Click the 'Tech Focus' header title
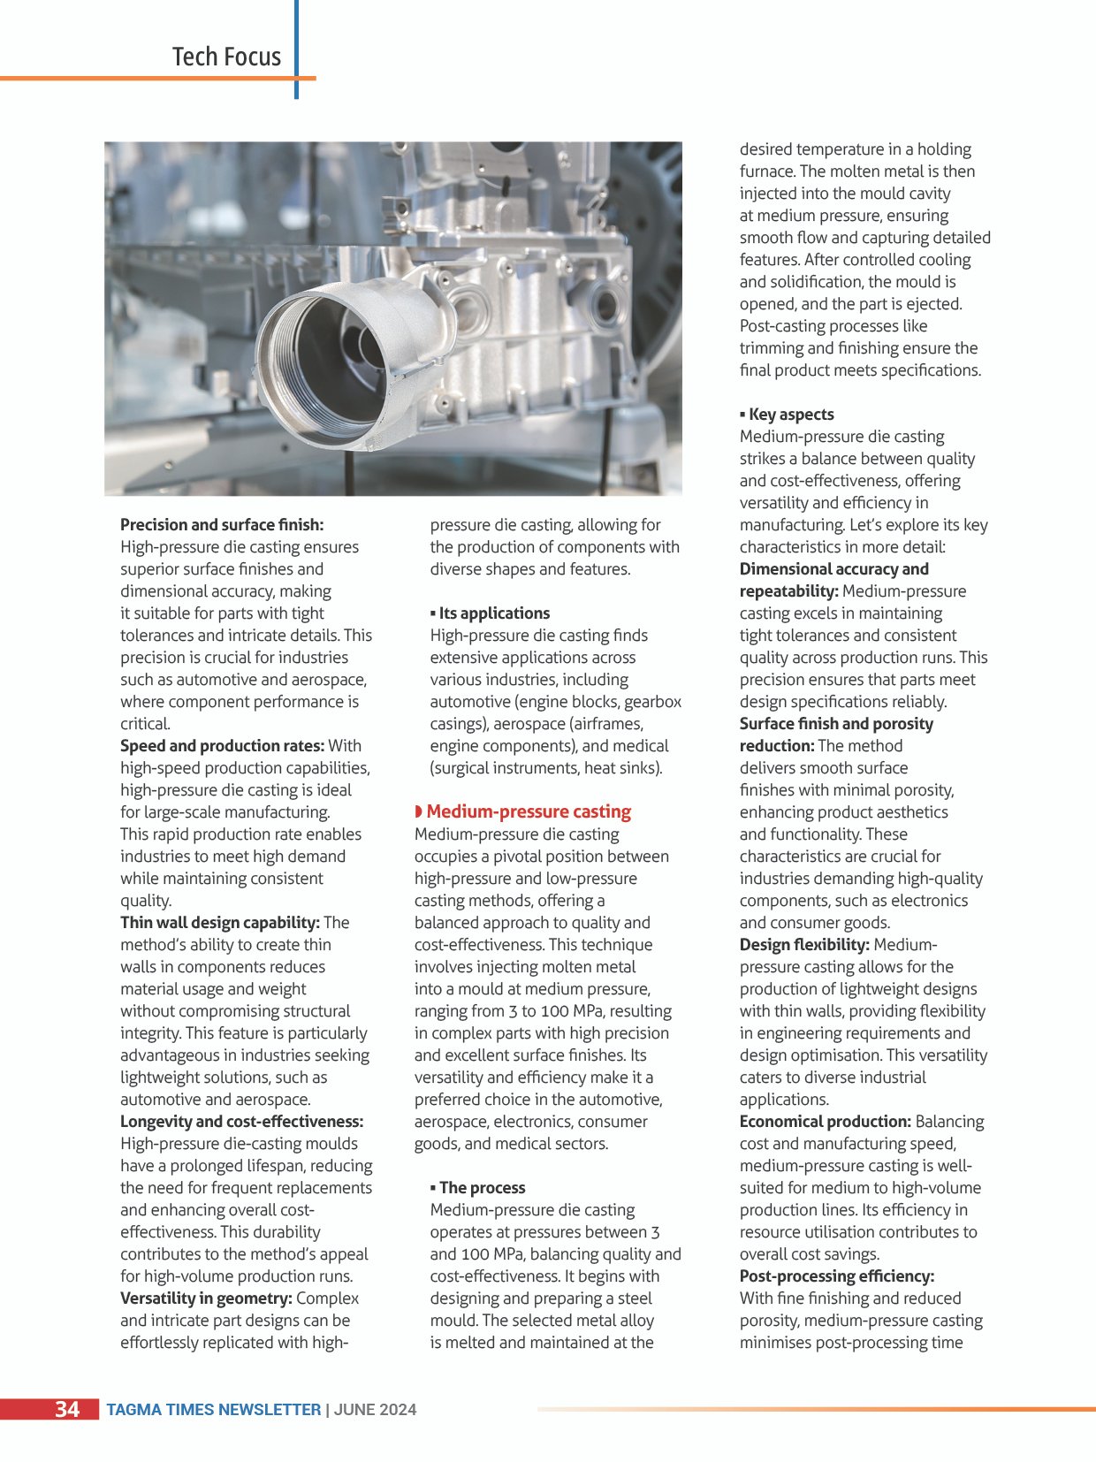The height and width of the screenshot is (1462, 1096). [x=226, y=57]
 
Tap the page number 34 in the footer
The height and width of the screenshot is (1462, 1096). [x=67, y=1408]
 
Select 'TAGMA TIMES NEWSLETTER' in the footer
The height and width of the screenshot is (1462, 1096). [x=213, y=1409]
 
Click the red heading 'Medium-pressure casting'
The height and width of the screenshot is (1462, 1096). [x=529, y=811]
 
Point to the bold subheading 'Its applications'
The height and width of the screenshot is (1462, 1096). [x=494, y=613]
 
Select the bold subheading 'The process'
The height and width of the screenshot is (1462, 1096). [x=482, y=1187]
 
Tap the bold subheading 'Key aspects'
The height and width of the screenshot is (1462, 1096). [x=791, y=414]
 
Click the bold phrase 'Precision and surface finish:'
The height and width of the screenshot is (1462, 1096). [x=222, y=524]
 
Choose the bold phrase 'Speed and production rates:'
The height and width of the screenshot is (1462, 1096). [x=223, y=745]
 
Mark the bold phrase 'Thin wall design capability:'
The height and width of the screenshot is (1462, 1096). [x=220, y=922]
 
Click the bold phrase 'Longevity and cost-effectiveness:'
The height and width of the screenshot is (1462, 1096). [x=241, y=1121]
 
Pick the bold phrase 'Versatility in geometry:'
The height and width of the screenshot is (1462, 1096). [x=206, y=1298]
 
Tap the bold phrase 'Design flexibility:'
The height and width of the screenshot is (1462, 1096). [x=804, y=944]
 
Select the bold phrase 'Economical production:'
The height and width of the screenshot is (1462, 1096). [x=825, y=1121]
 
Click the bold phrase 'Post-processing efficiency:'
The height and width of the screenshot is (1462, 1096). [x=836, y=1275]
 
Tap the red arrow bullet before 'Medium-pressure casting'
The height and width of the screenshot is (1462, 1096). [x=418, y=811]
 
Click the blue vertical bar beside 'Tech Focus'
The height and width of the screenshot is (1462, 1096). [x=296, y=49]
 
